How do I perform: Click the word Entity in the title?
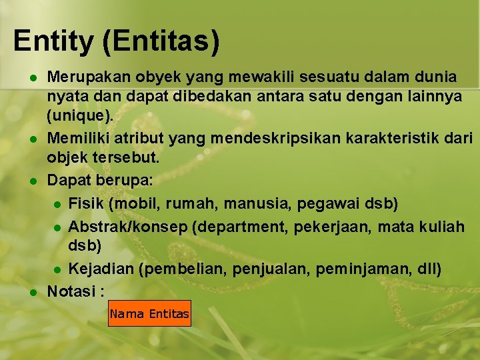click(x=53, y=41)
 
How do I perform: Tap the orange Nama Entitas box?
click(x=149, y=313)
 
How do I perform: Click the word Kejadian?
click(x=99, y=270)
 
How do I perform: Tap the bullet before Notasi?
click(x=32, y=292)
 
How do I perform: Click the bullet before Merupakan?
click(x=32, y=77)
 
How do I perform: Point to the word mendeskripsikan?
click(x=275, y=139)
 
